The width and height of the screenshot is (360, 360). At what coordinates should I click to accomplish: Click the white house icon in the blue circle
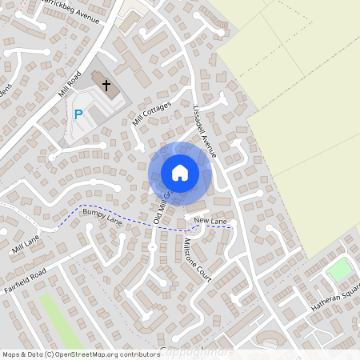[180, 172]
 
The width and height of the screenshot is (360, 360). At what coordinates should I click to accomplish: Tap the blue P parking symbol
[78, 114]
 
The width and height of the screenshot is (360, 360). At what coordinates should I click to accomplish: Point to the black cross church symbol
[106, 83]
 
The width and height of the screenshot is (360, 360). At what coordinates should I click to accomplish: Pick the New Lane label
[210, 220]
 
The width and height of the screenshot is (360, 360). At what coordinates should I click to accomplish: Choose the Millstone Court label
[197, 259]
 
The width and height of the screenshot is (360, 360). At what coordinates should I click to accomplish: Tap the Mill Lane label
[25, 245]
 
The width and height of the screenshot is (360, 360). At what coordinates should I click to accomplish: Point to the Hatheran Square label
[335, 302]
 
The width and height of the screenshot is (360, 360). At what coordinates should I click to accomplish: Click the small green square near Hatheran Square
[339, 270]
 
